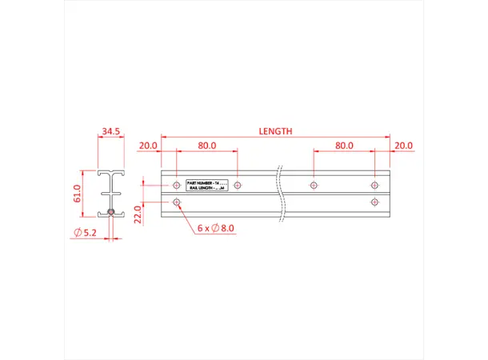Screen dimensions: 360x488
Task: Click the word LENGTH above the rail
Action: click(275, 131)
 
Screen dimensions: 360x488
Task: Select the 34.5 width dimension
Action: click(111, 130)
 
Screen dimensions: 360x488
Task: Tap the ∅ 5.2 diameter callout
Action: click(84, 232)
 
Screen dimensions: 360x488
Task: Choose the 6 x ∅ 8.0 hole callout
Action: click(215, 228)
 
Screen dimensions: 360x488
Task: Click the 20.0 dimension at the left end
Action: click(147, 146)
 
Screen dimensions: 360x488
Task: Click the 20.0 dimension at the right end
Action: click(404, 146)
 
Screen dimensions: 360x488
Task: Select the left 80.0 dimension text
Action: click(207, 146)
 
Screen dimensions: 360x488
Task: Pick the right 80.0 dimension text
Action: click(344, 146)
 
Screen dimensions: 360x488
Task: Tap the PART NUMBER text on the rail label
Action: click(206, 183)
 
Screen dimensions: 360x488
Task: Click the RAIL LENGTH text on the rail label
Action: click(206, 189)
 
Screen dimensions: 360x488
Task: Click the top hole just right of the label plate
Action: click(238, 186)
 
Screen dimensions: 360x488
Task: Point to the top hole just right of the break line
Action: click(313, 186)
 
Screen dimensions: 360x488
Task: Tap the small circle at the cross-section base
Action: click(111, 213)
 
